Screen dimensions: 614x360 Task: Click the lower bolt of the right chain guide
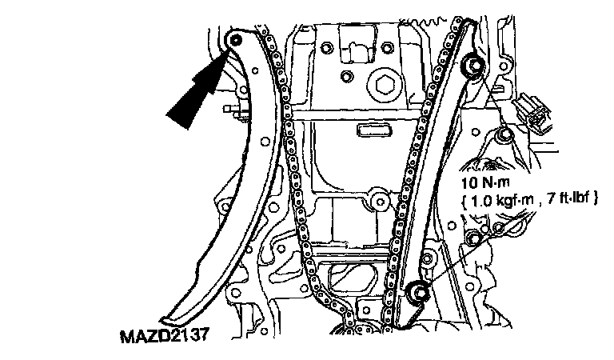point(416,295)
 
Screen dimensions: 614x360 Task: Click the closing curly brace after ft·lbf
point(596,197)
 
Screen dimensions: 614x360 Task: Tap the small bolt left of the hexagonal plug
point(345,77)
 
